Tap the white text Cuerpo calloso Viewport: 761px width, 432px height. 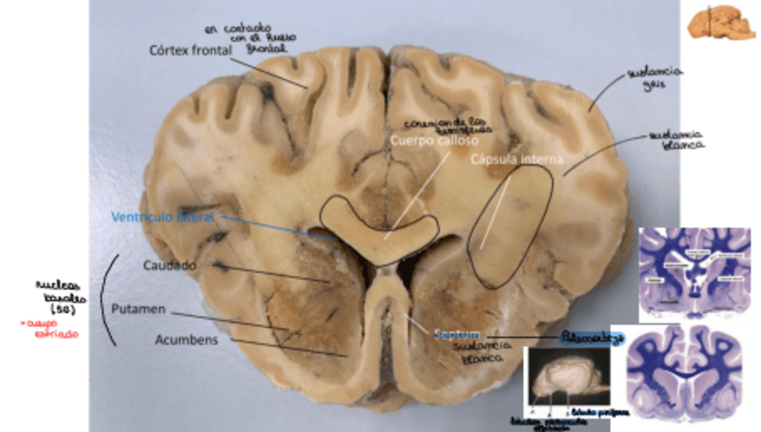(x=434, y=141)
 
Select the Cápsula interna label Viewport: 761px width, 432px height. (x=515, y=159)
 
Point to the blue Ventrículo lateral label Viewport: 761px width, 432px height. (x=163, y=216)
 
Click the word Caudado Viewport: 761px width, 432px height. (x=170, y=265)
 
